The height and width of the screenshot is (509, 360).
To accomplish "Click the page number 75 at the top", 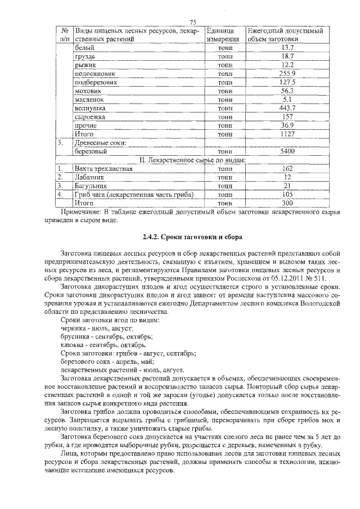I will (x=192, y=22).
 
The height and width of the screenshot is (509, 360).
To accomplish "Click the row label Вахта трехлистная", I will (x=103, y=168).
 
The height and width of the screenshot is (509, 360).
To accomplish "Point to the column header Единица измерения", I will (x=224, y=35).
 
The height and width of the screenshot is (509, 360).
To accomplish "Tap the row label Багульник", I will (x=90, y=185).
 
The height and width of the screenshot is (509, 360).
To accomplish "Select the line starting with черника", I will (x=96, y=327).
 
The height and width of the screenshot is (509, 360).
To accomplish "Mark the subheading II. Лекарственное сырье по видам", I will (x=193, y=160).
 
